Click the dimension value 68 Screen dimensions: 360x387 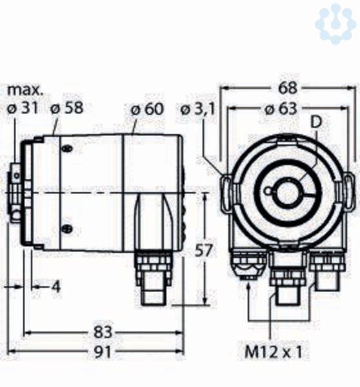[x=288, y=88]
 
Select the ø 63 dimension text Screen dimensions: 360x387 [x=281, y=108]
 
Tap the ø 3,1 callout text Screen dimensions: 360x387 [x=198, y=109]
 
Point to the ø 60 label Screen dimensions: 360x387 [x=147, y=108]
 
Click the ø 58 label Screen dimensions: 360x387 [x=67, y=108]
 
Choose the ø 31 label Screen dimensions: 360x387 [x=23, y=108]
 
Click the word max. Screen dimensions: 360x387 [x=25, y=90]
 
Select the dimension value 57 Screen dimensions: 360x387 [x=203, y=250]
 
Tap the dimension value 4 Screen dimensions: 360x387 [x=56, y=287]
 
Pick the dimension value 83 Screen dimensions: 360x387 [x=103, y=332]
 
